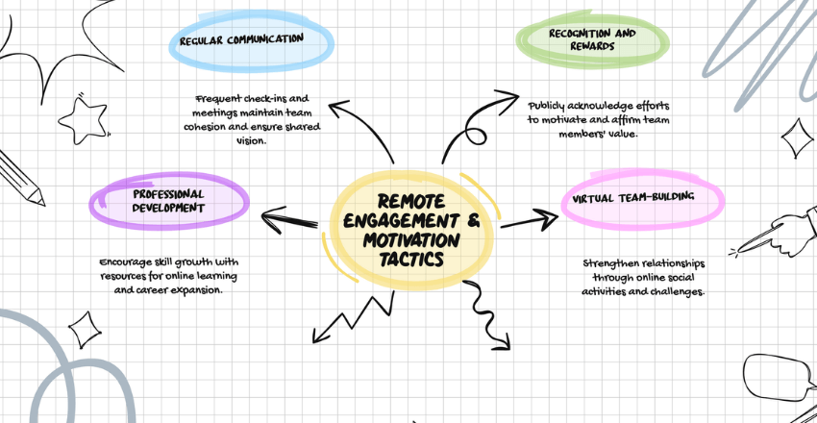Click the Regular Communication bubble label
255,38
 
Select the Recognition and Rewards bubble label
593,38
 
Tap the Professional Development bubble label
169,200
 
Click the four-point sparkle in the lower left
83,329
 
